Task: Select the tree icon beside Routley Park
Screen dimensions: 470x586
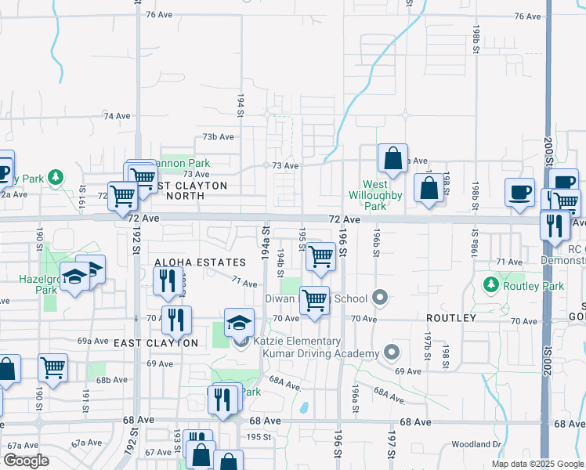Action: point(491,283)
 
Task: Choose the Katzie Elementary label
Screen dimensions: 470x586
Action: point(297,342)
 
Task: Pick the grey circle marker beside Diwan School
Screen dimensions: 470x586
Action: point(380,297)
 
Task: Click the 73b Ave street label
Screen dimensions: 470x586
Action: point(219,136)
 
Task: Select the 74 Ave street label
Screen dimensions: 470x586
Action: point(117,116)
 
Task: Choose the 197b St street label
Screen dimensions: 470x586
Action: point(428,341)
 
